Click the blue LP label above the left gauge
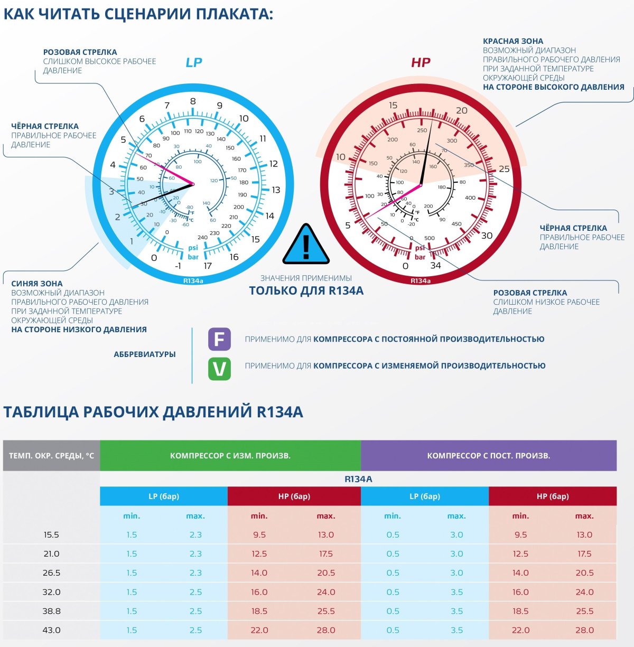193,62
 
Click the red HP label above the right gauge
421,62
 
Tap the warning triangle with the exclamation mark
306,245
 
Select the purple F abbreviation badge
219,339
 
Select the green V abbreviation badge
219,369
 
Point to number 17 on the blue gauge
208,266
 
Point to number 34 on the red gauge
435,265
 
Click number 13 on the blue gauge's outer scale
276,190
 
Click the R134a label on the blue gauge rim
193,281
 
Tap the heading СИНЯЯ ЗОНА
37,284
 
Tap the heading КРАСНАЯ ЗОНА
513,41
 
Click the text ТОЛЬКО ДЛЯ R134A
306,290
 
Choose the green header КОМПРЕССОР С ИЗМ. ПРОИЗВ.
230,455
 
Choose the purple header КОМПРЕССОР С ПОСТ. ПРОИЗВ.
489,455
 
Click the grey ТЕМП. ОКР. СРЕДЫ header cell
51,455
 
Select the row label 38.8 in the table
51,611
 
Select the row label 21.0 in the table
51,554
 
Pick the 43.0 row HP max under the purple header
584,630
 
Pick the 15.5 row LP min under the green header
132,535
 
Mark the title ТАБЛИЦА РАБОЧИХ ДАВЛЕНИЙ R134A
153,412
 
